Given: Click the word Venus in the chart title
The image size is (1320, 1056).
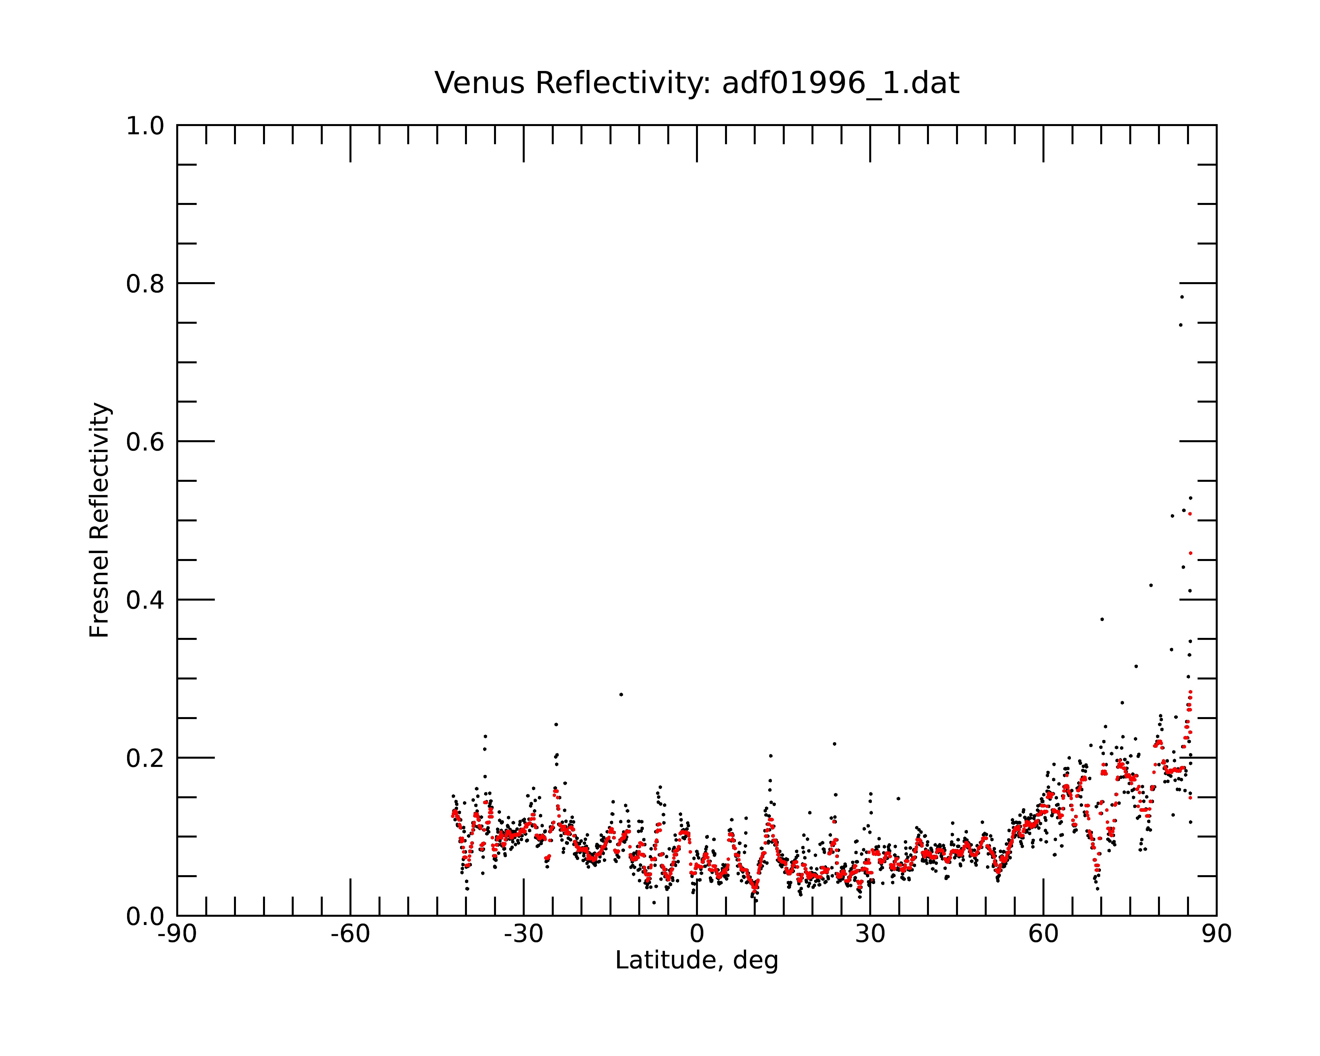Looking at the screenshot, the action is click(479, 83).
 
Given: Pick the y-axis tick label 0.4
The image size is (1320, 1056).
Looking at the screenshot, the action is click(145, 601).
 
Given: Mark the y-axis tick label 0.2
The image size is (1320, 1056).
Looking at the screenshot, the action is click(145, 758).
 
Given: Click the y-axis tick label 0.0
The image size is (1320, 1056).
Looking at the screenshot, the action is click(145, 916).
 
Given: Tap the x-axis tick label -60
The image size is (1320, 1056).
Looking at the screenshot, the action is click(350, 934).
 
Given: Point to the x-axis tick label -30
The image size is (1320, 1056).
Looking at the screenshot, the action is click(523, 934).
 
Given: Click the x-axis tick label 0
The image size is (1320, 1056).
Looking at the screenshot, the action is click(697, 934).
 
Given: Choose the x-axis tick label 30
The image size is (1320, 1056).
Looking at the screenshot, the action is click(870, 934).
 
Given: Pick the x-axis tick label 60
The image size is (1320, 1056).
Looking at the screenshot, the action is click(1043, 934).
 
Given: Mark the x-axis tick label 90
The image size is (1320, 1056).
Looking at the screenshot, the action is click(1216, 934).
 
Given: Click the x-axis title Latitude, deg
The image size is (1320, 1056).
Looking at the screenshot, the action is click(697, 961).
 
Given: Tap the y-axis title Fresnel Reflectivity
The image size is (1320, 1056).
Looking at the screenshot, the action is click(99, 520).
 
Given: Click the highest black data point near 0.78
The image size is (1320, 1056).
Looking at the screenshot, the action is click(1182, 297).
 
